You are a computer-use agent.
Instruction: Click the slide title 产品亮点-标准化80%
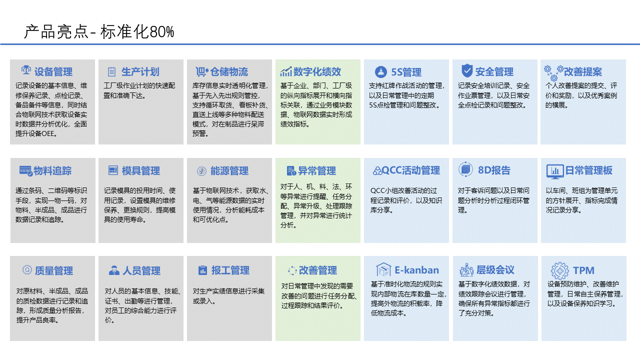pos(99,31)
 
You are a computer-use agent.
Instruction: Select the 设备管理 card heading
pos(53,71)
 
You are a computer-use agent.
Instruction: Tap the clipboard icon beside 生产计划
pos(111,71)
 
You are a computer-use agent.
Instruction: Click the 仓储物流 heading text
pos(229,71)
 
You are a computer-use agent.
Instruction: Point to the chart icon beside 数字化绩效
pos(285,71)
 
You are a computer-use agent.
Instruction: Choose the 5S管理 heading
pos(406,72)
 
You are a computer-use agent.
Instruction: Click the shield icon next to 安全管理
pos(467,70)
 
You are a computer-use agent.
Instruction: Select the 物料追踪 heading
pos(52,170)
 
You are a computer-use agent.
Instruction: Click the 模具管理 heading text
pos(141,171)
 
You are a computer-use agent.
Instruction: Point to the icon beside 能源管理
pos(201,171)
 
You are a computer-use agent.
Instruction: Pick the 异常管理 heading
pos(317,171)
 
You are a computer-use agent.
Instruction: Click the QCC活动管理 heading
pos(410,170)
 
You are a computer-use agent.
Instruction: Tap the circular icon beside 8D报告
pos(465,169)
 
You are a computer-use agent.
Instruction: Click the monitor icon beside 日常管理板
pos(555,171)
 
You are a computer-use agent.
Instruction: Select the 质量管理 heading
pos(53,270)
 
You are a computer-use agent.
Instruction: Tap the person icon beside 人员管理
pos(114,270)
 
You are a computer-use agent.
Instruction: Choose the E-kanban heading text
pos(416,270)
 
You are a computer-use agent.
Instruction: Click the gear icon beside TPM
pos(559,270)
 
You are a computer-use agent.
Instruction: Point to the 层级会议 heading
pos(495,269)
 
